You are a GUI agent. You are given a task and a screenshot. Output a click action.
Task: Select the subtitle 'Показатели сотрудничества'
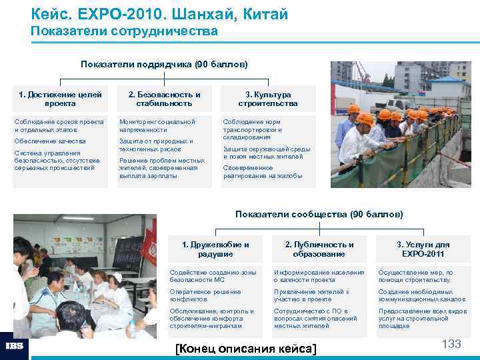point(124,31)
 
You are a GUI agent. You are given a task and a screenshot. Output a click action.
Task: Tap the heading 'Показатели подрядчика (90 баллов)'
point(164,65)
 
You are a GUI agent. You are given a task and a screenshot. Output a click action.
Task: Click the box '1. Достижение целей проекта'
point(60,99)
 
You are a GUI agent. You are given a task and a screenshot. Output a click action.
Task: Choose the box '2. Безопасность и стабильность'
point(164,99)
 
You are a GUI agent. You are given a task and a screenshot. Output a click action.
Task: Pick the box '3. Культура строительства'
point(268,99)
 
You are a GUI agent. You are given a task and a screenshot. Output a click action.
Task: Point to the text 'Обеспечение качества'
point(50,141)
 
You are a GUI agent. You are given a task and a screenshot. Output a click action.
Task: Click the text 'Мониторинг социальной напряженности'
point(157,126)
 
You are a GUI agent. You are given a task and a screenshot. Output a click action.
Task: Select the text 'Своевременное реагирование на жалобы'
point(262,172)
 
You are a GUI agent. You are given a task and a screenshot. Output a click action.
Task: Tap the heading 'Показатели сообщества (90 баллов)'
point(319,214)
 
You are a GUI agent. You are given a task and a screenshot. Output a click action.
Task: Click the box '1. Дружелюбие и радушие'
point(215,249)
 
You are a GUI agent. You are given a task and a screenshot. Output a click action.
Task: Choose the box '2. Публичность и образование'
point(319,249)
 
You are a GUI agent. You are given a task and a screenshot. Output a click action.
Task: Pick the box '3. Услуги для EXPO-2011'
point(423,249)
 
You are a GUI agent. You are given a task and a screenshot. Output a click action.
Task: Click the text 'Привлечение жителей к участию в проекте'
point(311,295)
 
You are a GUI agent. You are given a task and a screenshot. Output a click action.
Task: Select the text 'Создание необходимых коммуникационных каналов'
point(422,295)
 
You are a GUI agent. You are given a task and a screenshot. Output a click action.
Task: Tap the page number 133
point(451,344)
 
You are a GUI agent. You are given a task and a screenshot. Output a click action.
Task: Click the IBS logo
point(15,347)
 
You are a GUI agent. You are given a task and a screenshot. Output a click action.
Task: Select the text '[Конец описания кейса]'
point(245,349)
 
